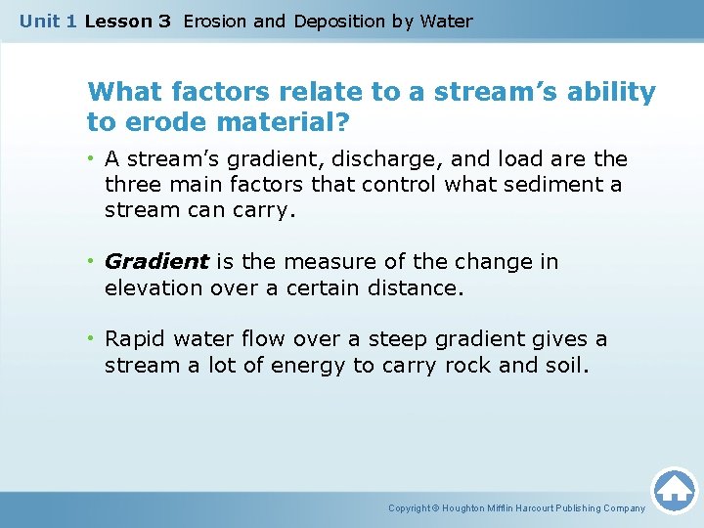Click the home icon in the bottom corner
pyautogui.click(x=674, y=490)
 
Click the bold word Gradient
pyautogui.click(x=156, y=262)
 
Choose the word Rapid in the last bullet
pyautogui.click(x=135, y=339)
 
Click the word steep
pyautogui.click(x=379, y=339)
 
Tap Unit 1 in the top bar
pyautogui.click(x=48, y=21)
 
